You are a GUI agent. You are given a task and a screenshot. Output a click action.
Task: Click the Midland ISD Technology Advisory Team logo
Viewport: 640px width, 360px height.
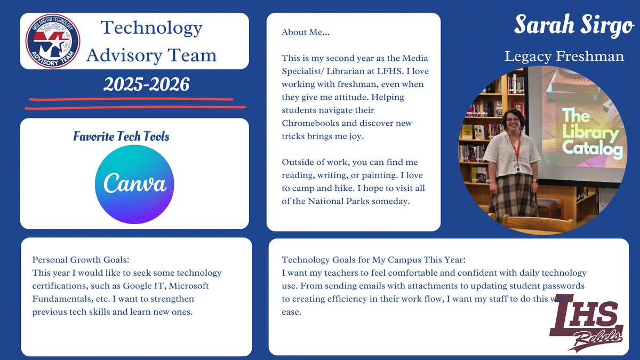pyautogui.click(x=53, y=41)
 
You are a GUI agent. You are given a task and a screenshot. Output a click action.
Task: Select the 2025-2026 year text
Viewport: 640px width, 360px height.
pyautogui.click(x=146, y=84)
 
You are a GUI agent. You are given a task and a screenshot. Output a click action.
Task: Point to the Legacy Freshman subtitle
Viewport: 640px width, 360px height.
pyautogui.click(x=564, y=57)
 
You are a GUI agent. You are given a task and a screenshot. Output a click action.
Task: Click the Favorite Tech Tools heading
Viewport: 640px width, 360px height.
pyautogui.click(x=121, y=137)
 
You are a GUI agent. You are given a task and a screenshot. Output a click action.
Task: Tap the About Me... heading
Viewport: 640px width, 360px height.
pyautogui.click(x=306, y=33)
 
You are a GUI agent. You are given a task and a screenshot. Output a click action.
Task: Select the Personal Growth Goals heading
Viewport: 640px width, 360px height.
pyautogui.click(x=81, y=260)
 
